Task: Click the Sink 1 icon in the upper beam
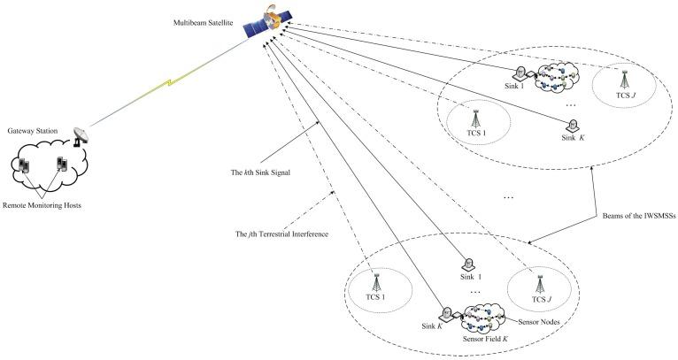[x=522, y=73]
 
